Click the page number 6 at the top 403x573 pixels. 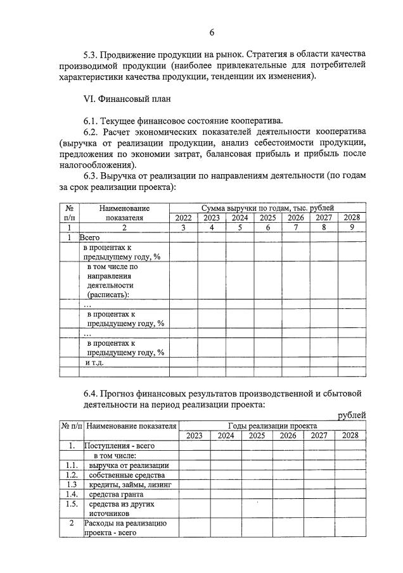pos(212,32)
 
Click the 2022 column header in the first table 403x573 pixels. pos(183,218)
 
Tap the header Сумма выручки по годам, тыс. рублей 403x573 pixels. pos(267,208)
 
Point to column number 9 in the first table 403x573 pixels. pos(352,227)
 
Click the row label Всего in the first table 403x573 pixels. pos(89,237)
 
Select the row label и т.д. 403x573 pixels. pos(95,363)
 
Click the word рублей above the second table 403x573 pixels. pos(352,415)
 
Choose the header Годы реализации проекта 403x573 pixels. pos(272,426)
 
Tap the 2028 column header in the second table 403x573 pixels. pos(350,436)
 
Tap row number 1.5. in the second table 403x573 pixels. pos(72,504)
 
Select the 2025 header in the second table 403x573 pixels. pos(257,436)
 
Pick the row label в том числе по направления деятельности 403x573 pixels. pos(112,280)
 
